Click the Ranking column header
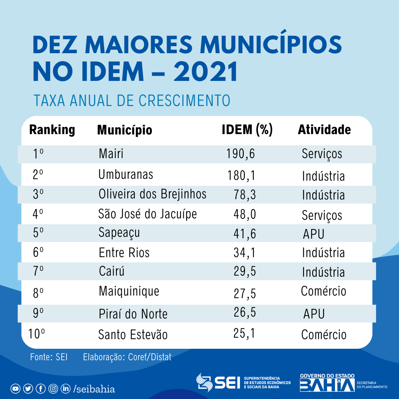click(52, 130)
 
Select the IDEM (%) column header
click(247, 130)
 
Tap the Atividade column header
click(324, 130)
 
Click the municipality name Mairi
click(111, 154)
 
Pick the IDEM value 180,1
click(241, 175)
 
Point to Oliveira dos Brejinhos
click(152, 194)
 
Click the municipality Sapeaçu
click(119, 233)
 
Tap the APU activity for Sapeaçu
click(313, 234)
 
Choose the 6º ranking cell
click(38, 253)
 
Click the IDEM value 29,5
click(245, 272)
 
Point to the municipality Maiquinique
click(129, 291)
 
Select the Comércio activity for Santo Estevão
click(324, 335)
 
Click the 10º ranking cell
click(37, 334)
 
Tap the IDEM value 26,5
click(245, 312)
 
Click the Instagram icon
click(54, 389)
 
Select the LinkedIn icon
click(66, 389)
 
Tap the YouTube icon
click(16, 389)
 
